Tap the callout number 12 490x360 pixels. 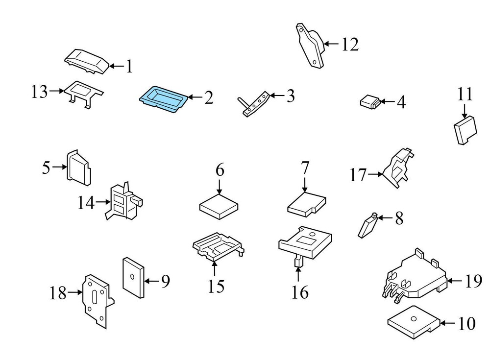point(350,45)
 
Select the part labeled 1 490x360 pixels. point(86,62)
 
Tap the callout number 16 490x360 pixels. point(300,292)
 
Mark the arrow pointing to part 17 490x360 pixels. point(376,174)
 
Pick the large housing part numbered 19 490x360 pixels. point(415,277)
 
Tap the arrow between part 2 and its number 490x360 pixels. point(195,97)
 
